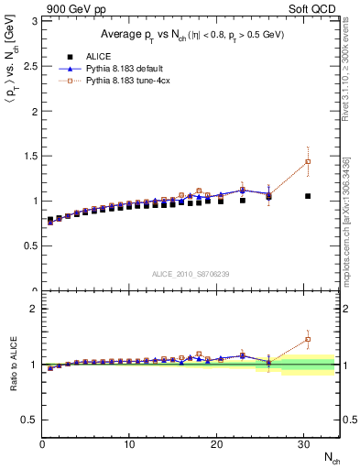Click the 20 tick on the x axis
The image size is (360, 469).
pyautogui.click(x=216, y=443)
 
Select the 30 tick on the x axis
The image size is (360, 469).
pyautogui.click(x=303, y=443)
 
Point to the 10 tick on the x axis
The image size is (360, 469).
pyautogui.click(x=129, y=443)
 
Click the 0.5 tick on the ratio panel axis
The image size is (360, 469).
pyautogui.click(x=30, y=420)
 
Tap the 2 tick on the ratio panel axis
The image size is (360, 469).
pyautogui.click(x=35, y=309)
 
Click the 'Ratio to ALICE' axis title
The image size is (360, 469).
pyautogui.click(x=11, y=365)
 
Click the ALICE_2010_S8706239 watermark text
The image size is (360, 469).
pyautogui.click(x=191, y=274)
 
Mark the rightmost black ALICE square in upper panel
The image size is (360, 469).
pyautogui.click(x=308, y=196)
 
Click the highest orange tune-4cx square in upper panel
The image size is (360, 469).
pyautogui.click(x=308, y=162)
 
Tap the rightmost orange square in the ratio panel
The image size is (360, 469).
pyautogui.click(x=308, y=340)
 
